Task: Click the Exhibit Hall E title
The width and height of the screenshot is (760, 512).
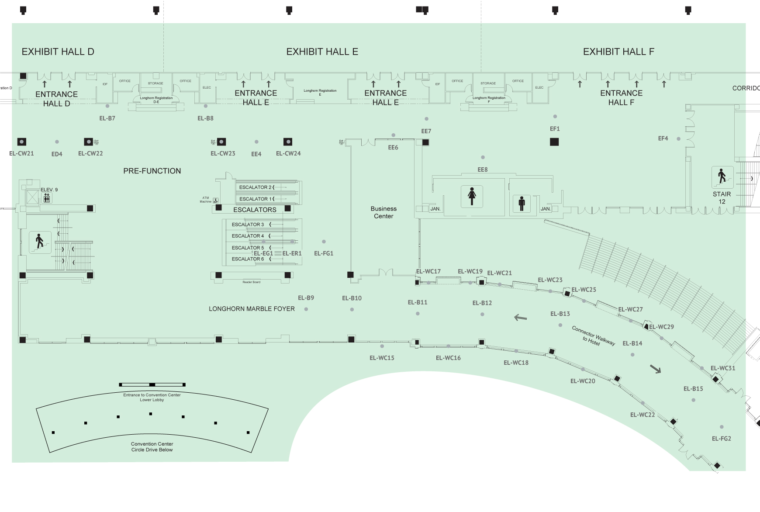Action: click(x=322, y=52)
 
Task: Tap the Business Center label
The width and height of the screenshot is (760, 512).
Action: click(x=383, y=212)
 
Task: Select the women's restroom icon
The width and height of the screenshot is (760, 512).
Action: click(x=472, y=196)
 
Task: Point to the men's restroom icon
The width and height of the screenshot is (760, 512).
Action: click(x=522, y=204)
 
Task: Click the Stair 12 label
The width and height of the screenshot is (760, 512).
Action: click(x=722, y=197)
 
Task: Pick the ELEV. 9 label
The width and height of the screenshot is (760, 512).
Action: click(x=49, y=190)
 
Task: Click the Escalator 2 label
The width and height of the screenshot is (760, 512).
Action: click(x=256, y=187)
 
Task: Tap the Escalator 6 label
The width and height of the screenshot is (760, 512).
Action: click(x=248, y=259)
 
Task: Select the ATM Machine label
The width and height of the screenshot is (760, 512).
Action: click(x=205, y=200)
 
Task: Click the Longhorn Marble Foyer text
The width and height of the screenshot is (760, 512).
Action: click(x=252, y=309)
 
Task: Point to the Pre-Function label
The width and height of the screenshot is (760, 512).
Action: click(x=152, y=171)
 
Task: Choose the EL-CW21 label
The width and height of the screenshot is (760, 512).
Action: click(x=21, y=153)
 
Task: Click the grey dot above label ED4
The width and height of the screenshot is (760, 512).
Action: click(x=57, y=142)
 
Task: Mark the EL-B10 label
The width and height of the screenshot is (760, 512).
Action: click(x=352, y=298)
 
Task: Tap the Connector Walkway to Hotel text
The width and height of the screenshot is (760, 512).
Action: click(x=593, y=336)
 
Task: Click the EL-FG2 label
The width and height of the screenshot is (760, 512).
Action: click(x=721, y=439)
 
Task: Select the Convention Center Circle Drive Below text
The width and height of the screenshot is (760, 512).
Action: click(x=152, y=447)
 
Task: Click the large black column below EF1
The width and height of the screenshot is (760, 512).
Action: click(x=554, y=142)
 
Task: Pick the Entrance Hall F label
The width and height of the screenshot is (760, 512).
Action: click(x=621, y=97)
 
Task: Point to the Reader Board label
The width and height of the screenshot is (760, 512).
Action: click(x=251, y=282)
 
